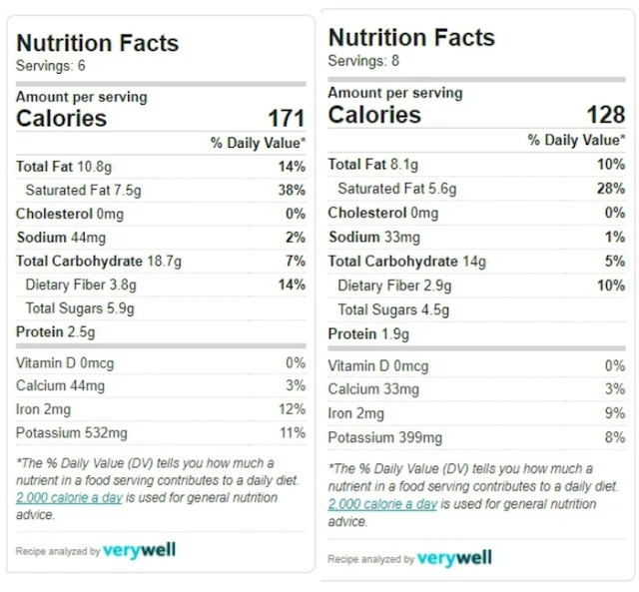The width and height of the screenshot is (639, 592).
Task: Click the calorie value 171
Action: click(286, 119)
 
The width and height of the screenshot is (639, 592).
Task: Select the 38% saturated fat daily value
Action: click(293, 190)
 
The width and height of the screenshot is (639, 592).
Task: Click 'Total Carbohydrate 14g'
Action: click(406, 262)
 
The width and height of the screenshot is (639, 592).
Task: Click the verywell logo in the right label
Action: click(454, 558)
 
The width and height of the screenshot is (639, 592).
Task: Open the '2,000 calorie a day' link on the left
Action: click(69, 497)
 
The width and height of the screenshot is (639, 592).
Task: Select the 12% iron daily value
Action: click(293, 409)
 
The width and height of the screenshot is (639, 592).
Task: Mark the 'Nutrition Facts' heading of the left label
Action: click(98, 43)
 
